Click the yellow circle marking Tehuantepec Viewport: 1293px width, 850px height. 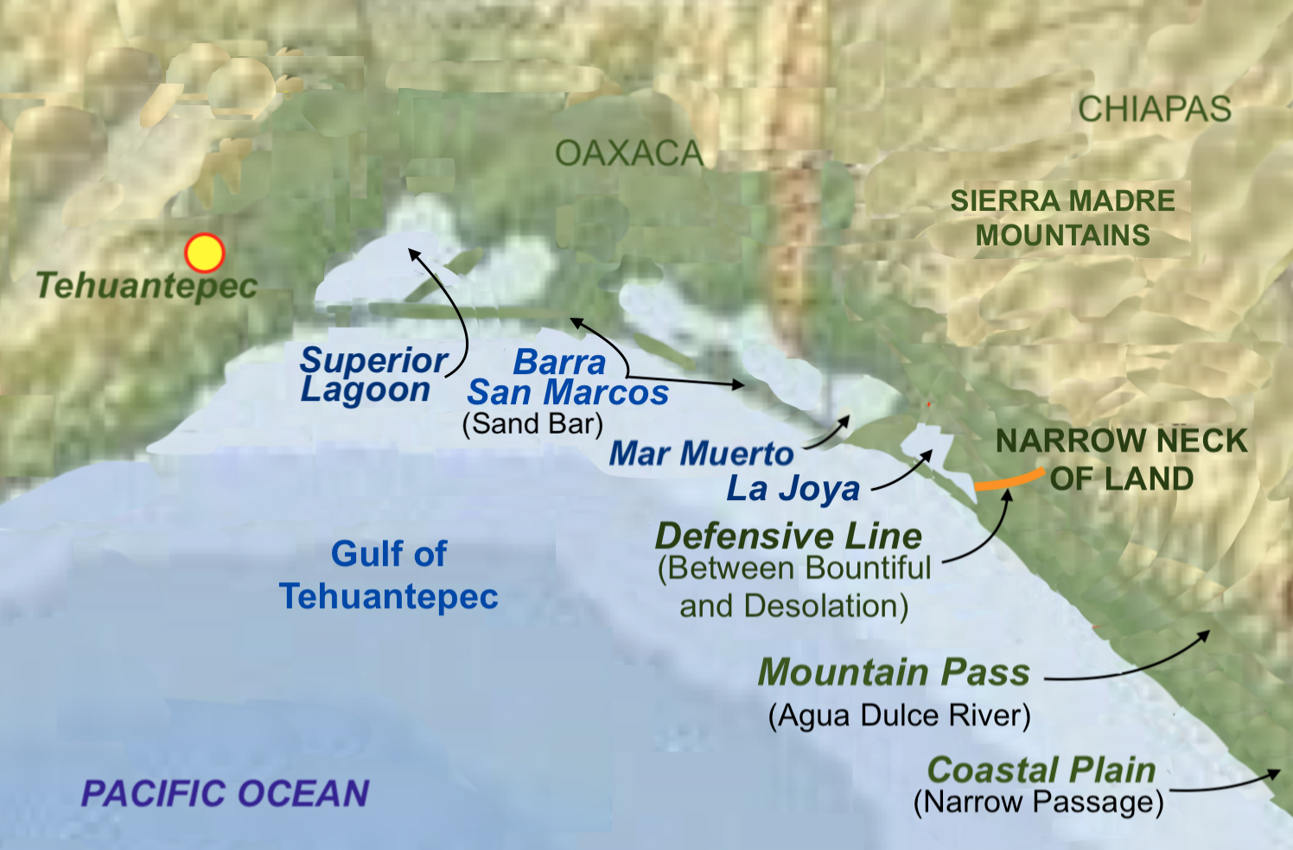coord(205,253)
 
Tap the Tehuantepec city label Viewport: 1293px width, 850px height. coord(146,286)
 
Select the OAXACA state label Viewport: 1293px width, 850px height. coord(628,154)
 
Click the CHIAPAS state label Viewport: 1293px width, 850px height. coord(1154,110)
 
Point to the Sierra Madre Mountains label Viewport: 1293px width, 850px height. coord(1062,218)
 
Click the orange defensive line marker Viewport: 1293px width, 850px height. coord(1010,480)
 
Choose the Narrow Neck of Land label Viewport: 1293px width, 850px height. coord(1121,460)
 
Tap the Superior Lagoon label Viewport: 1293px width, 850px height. coord(373,375)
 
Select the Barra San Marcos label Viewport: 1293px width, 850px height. coord(568,377)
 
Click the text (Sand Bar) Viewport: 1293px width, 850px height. coord(532,424)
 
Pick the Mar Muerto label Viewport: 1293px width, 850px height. coord(701,454)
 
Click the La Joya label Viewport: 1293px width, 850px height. coord(793,489)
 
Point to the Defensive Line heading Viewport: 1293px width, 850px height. coord(788,536)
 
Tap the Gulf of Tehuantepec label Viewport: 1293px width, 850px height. coord(389,574)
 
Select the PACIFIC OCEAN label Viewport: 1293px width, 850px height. coord(225,793)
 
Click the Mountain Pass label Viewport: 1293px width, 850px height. coord(894,672)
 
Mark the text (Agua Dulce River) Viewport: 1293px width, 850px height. coord(899,716)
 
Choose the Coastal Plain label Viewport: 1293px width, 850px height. coord(1041,770)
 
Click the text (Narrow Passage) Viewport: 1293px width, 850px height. coord(1038,802)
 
